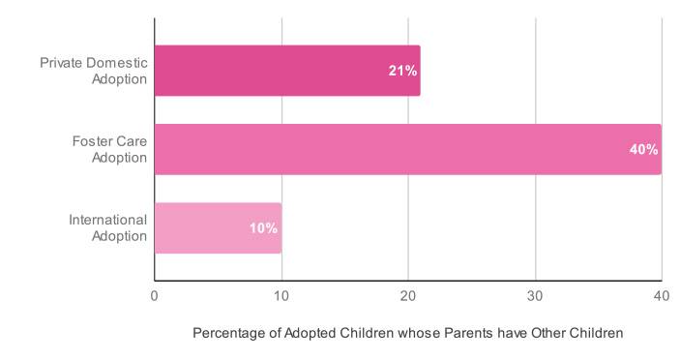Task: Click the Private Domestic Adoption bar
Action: point(286,71)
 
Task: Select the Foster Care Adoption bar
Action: point(406,149)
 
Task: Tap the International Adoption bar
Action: point(218,228)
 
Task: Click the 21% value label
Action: point(402,71)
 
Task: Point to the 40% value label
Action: point(643,149)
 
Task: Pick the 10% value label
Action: point(263,228)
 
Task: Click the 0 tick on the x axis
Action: point(155,295)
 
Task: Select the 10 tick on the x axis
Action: point(281,295)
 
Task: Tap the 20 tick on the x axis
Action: point(407,295)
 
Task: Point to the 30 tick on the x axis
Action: point(535,295)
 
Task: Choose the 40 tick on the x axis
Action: point(661,295)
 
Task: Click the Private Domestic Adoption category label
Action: point(94,71)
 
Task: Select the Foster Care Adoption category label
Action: point(108,149)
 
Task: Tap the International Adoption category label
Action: point(107,228)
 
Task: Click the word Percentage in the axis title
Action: point(228,333)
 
